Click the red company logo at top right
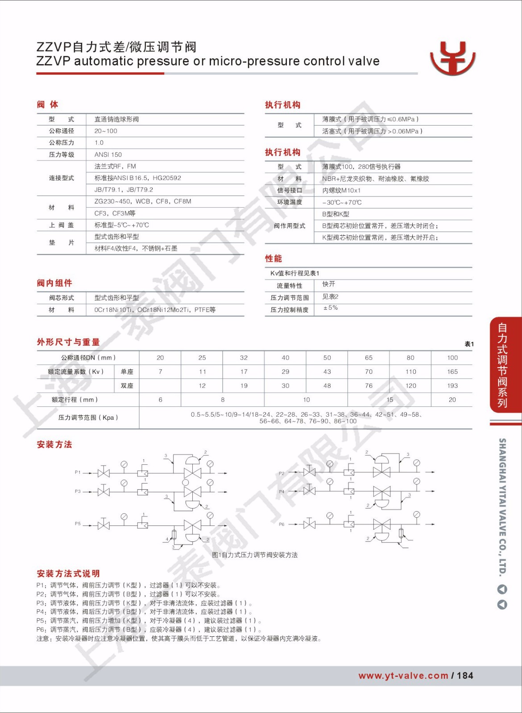[452, 58]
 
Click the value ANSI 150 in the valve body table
[108, 155]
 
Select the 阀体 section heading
[47, 104]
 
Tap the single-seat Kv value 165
[452, 372]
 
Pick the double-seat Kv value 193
[452, 385]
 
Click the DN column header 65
[369, 357]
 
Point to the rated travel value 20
[452, 400]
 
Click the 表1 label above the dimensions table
[469, 344]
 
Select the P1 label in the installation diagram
[78, 472]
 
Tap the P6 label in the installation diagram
[282, 525]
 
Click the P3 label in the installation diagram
[78, 492]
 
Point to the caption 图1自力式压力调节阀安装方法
[255, 555]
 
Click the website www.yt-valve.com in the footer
[403, 676]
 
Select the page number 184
[465, 676]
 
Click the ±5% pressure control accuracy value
[331, 308]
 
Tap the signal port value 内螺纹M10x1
[341, 190]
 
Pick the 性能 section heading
[273, 258]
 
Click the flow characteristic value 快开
[329, 284]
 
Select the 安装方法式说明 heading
[68, 574]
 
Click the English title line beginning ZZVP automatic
[207, 61]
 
